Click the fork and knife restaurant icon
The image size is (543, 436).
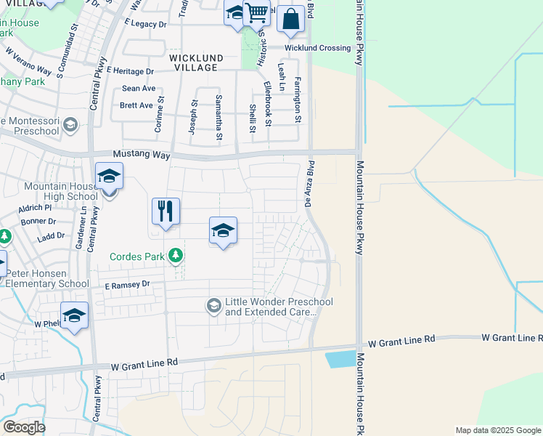pyautogui.click(x=166, y=211)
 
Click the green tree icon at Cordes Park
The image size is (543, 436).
pyautogui.click(x=175, y=256)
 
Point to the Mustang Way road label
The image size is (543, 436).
pyautogui.click(x=141, y=155)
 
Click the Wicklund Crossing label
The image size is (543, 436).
pyautogui.click(x=317, y=49)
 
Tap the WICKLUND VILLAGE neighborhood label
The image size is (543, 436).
pyautogui.click(x=193, y=62)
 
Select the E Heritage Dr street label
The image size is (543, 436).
pyautogui.click(x=130, y=71)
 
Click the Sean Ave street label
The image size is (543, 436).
pyautogui.click(x=139, y=89)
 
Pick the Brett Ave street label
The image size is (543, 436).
pyautogui.click(x=136, y=105)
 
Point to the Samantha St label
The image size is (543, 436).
pyautogui.click(x=219, y=117)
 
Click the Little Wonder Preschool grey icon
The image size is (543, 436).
pyautogui.click(x=213, y=305)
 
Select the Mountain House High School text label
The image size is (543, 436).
pyautogui.click(x=61, y=191)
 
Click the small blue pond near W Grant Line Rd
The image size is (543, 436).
pyautogui.click(x=339, y=359)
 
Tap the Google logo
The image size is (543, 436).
pyautogui.click(x=23, y=427)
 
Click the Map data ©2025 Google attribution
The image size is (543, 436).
pyautogui.click(x=498, y=430)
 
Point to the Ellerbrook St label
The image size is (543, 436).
pyautogui.click(x=268, y=105)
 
